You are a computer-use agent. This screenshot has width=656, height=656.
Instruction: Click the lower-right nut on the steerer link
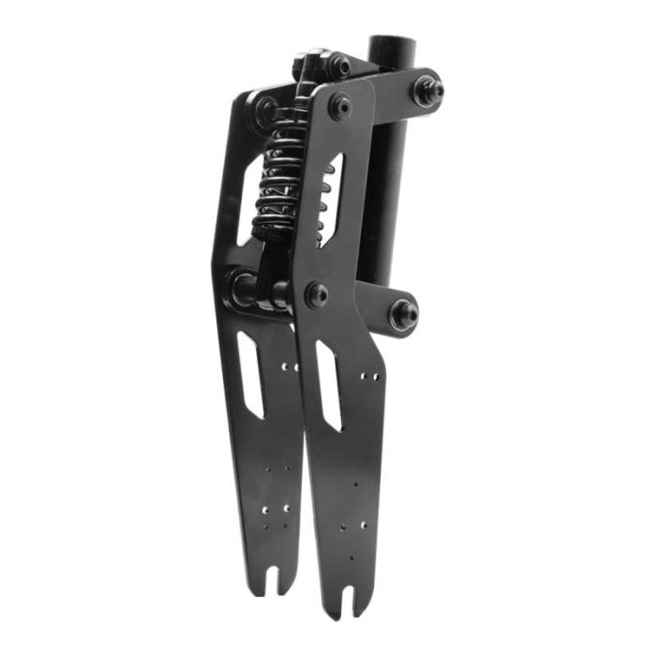[405, 314]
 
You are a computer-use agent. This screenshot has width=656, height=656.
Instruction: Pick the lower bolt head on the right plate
[317, 294]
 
